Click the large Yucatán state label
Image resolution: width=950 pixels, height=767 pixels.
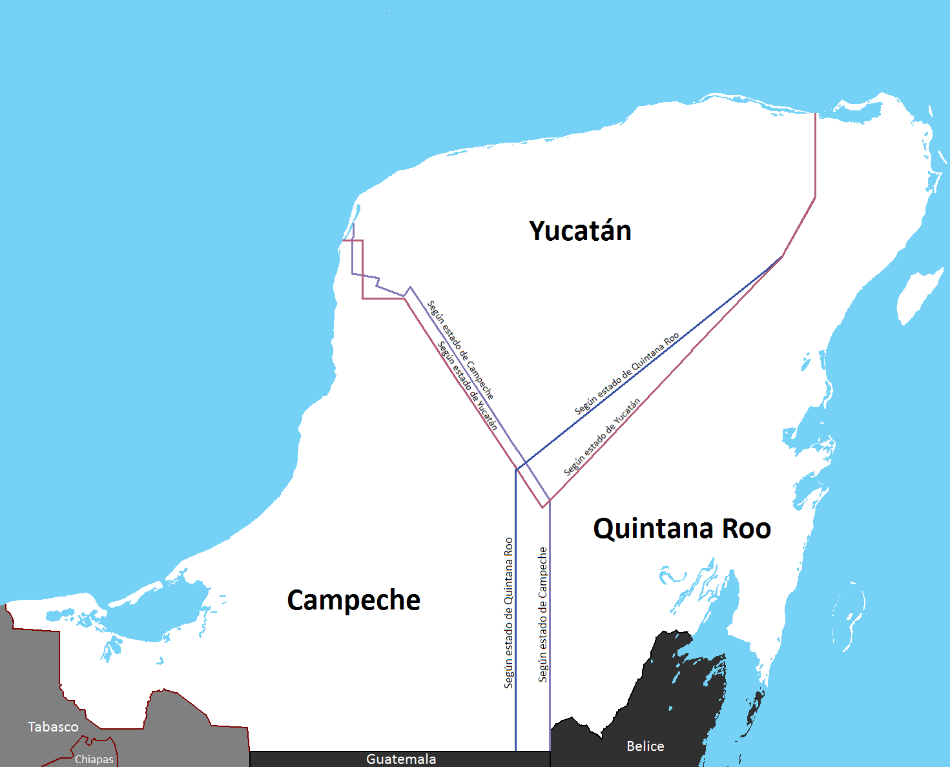(580, 231)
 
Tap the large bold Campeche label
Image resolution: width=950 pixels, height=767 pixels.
(353, 600)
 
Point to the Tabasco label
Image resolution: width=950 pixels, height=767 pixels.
(53, 727)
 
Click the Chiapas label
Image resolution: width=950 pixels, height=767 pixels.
(94, 759)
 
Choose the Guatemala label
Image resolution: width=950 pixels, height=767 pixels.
(401, 759)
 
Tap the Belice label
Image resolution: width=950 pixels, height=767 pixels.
(645, 746)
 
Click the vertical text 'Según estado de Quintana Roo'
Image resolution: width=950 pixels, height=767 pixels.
(509, 613)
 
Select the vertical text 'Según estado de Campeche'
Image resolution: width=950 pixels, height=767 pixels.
(543, 614)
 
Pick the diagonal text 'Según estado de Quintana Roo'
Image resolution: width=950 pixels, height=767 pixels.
(626, 374)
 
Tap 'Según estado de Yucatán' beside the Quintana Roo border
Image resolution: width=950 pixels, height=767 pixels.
(602, 437)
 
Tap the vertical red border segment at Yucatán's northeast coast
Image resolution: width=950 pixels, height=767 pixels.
(815, 155)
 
